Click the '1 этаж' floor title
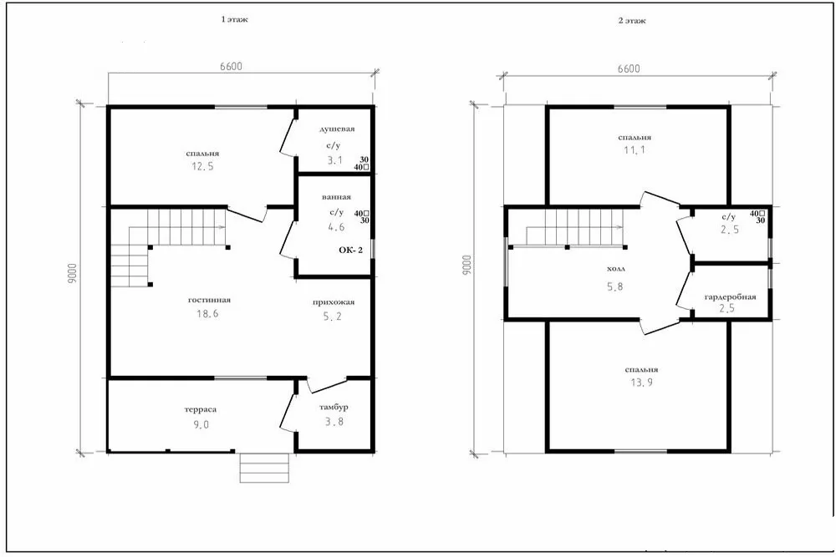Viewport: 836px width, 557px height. point(235,20)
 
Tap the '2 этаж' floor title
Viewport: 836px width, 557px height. point(632,21)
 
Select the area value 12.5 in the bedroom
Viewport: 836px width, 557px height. point(202,166)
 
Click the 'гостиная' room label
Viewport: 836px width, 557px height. point(210,301)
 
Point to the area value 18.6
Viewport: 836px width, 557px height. point(207,314)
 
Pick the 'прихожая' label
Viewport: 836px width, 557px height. point(334,302)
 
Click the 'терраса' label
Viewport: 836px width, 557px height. point(201,410)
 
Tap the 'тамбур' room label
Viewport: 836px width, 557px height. point(334,408)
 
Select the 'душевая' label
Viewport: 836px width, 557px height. point(337,129)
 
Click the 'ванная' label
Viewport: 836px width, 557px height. point(336,197)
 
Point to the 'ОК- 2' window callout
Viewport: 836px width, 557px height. point(351,250)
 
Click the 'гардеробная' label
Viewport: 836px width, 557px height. point(730,297)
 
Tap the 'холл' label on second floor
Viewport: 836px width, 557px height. point(616,270)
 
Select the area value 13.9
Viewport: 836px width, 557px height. point(641,382)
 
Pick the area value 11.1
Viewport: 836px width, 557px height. point(635,150)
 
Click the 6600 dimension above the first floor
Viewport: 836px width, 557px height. point(231,67)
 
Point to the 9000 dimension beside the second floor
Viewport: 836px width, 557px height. point(467,265)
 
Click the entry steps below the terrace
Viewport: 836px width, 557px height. point(264,468)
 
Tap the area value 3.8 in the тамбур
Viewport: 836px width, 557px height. point(334,422)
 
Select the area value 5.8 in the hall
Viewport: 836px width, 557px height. point(614,287)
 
